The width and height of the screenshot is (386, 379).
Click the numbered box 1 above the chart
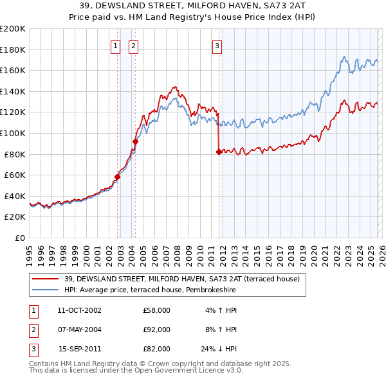pos(115,46)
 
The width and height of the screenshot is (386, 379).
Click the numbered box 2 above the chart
pos(133,46)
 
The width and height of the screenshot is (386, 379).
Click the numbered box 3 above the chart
pos(217,46)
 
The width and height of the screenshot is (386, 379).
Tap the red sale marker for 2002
pos(118,177)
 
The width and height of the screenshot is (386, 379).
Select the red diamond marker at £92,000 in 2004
pos(135,141)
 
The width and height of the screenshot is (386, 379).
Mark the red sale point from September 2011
pos(219,152)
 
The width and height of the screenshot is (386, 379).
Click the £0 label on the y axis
pos(20,238)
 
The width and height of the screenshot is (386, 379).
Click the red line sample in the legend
pos(46,279)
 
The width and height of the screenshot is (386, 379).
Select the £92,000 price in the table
pos(156,330)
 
